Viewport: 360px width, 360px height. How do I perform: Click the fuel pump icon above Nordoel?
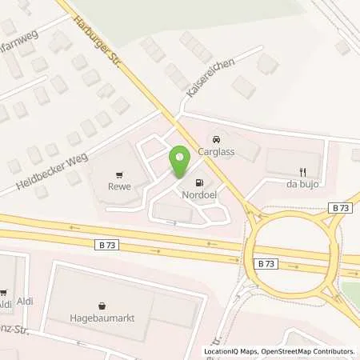pyautogui.click(x=199, y=182)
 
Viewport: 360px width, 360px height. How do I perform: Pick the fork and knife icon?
pyautogui.click(x=302, y=171)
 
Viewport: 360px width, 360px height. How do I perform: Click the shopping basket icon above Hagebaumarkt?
pyautogui.click(x=102, y=305)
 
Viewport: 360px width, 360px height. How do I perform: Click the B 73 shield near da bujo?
pyautogui.click(x=339, y=207)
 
